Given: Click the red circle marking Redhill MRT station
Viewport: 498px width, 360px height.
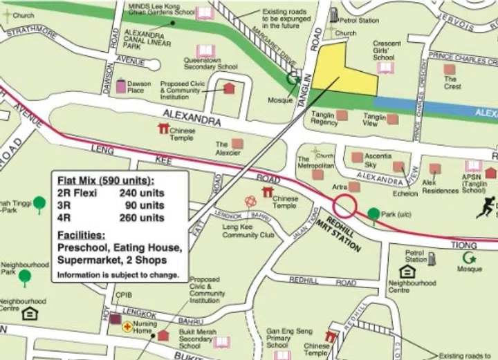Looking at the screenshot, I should pos(345,206).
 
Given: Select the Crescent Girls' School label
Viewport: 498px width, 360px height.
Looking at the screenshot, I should pos(387,50).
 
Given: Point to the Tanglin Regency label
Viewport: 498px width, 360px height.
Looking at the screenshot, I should pos(324,118).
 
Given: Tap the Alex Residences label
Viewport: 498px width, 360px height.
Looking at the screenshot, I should pos(440,186).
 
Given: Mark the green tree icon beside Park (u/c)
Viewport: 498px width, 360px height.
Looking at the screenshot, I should pos(373,214).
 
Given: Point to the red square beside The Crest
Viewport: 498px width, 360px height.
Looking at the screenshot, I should pos(450,69).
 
